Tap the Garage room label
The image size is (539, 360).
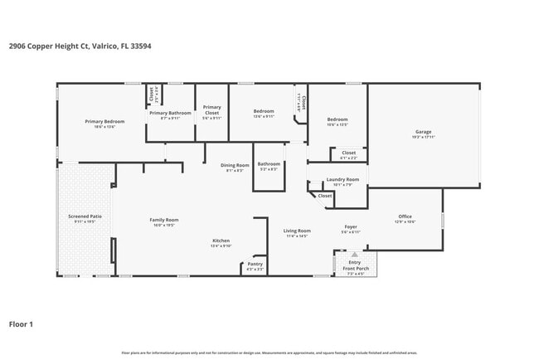423,132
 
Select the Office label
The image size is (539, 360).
405,216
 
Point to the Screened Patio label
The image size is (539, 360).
85,216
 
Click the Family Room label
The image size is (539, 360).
164,220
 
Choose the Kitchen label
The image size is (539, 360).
221,241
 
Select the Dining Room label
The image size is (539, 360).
235,165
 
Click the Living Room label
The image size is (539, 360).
297,231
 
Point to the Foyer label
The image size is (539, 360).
351,226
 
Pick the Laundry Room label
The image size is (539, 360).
342,179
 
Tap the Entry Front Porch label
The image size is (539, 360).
354,265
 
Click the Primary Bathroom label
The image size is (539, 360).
170,113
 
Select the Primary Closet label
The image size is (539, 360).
212,109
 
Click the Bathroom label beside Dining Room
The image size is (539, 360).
269,163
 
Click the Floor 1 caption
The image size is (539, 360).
21,324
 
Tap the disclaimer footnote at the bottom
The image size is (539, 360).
269,353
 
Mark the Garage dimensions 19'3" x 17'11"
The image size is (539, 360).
423,137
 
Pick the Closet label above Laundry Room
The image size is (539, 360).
348,153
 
